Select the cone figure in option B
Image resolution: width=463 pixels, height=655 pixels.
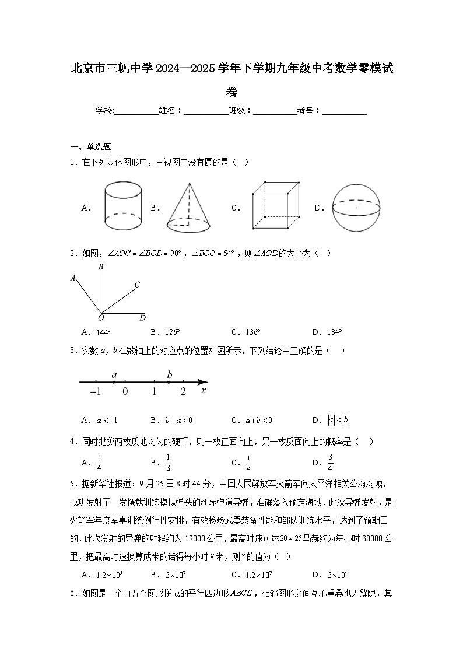click(188, 206)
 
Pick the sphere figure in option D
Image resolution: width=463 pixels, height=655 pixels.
click(356, 207)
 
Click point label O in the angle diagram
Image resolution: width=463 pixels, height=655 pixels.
click(101, 318)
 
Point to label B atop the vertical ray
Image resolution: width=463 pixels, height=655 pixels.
click(101, 267)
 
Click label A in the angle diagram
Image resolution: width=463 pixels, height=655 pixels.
click(73, 278)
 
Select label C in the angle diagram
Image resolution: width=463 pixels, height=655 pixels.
click(137, 285)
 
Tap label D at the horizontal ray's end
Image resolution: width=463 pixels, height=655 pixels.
click(142, 318)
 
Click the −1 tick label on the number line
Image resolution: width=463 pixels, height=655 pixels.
click(96, 392)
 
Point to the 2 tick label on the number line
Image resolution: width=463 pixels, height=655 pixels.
click(183, 392)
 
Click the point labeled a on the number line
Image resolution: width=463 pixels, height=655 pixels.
click(114, 382)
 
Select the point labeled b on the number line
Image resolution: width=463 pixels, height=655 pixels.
click(169, 382)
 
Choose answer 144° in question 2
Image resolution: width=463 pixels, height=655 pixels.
click(103, 332)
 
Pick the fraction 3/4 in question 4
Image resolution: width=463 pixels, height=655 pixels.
click(330, 461)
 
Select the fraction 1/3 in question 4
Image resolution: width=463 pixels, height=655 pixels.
click(168, 461)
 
